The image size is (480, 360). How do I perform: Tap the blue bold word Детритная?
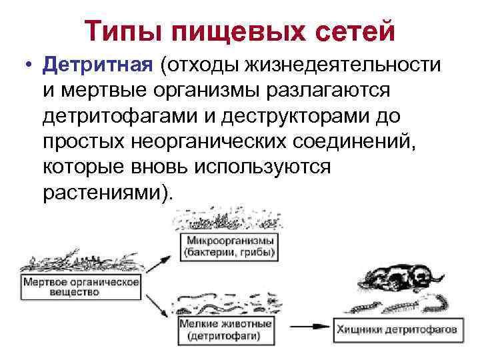pyautogui.click(x=98, y=66)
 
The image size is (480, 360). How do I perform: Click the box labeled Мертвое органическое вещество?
pyautogui.click(x=81, y=287)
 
